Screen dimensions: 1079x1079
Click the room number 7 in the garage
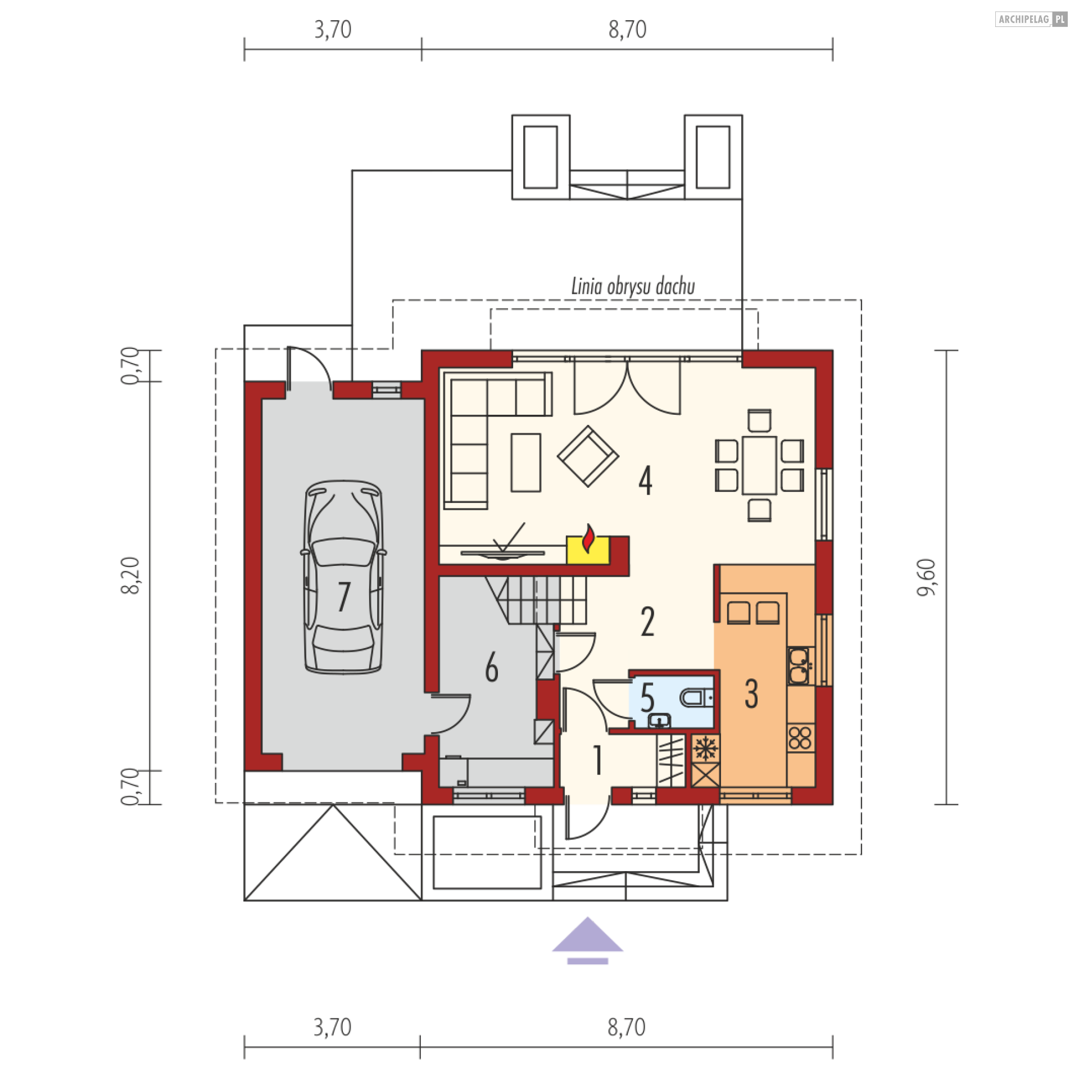pyautogui.click(x=343, y=596)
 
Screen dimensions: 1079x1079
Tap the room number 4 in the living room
pyautogui.click(x=645, y=481)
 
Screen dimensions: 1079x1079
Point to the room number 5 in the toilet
pyautogui.click(x=647, y=700)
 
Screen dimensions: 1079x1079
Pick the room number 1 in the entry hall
pyautogui.click(x=597, y=760)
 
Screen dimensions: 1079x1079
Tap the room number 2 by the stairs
pyautogui.click(x=647, y=622)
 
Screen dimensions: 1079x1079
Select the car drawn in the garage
pyautogui.click(x=343, y=576)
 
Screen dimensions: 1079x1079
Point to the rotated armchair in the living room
pyautogui.click(x=588, y=456)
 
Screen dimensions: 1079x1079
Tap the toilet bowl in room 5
pyautogui.click(x=696, y=699)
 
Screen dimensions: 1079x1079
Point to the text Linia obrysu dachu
pyautogui.click(x=633, y=288)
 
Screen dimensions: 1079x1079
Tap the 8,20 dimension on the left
pyautogui.click(x=134, y=575)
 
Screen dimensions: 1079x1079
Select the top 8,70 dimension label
pyautogui.click(x=627, y=30)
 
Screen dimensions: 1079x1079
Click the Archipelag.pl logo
pyautogui.click(x=1031, y=20)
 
